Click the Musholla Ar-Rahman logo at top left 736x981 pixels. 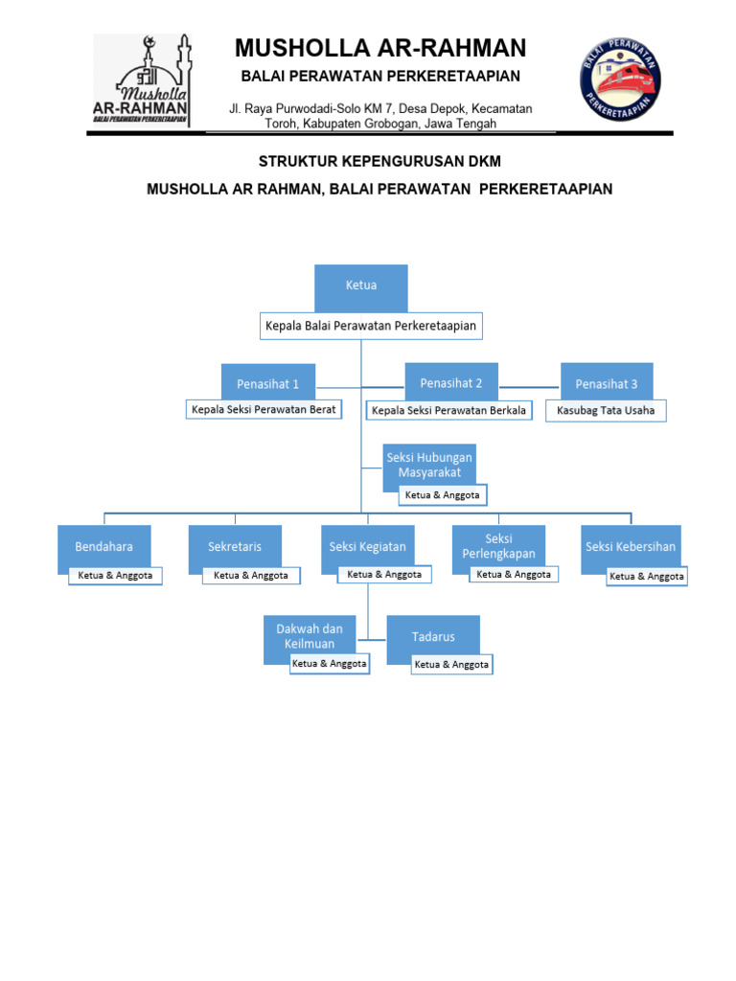[x=142, y=81]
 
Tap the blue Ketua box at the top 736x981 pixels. [x=361, y=286]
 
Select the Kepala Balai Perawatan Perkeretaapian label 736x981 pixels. [x=371, y=327]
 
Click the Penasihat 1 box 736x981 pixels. [x=268, y=383]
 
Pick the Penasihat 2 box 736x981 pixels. [x=451, y=382]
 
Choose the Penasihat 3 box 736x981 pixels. [x=606, y=383]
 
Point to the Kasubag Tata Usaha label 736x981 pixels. [x=606, y=410]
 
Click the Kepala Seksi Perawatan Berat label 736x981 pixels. [x=264, y=410]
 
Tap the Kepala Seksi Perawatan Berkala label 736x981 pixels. [x=448, y=411]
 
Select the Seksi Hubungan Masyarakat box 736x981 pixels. [x=428, y=465]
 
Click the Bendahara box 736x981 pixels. [x=104, y=547]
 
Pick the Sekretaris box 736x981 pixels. [x=235, y=547]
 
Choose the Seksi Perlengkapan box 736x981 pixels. [x=498, y=546]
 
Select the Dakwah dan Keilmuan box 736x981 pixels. [x=310, y=636]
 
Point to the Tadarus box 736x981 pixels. [x=433, y=636]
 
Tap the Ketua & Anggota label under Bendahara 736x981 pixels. [x=115, y=576]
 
